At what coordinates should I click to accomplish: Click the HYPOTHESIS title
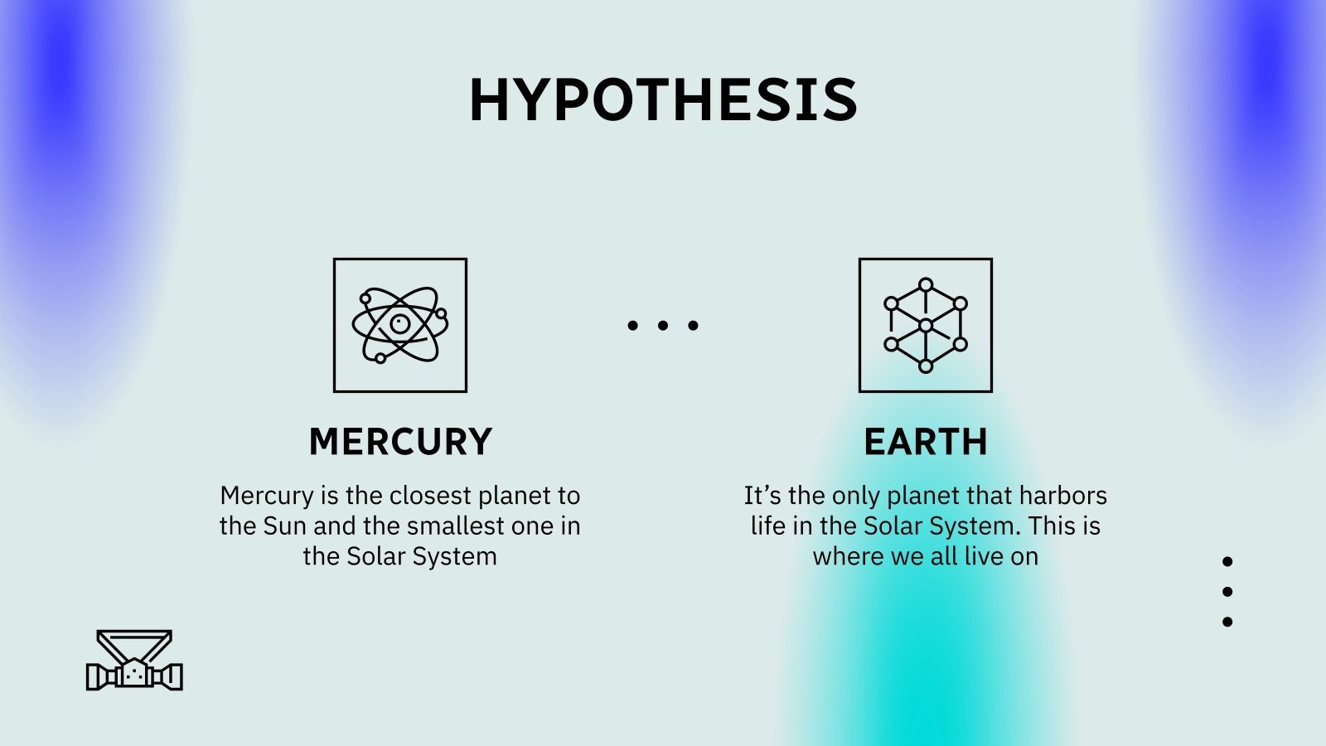pos(663,100)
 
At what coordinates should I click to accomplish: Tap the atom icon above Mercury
pos(400,325)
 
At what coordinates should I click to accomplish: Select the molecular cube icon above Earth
pos(926,325)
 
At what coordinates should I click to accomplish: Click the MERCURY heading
pos(400,442)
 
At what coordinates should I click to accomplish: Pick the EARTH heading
pos(926,442)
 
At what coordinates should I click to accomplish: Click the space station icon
pos(134,661)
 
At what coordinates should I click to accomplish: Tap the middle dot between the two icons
pos(663,326)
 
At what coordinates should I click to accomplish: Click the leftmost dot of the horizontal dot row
pos(633,326)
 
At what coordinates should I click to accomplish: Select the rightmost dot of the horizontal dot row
pos(693,326)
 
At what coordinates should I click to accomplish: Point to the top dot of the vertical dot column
pos(1227,562)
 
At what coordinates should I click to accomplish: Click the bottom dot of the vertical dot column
pos(1227,622)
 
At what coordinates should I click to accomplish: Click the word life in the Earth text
pos(767,526)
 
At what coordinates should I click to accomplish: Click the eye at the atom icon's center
pos(400,323)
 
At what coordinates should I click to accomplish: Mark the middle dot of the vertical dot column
pos(1227,592)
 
